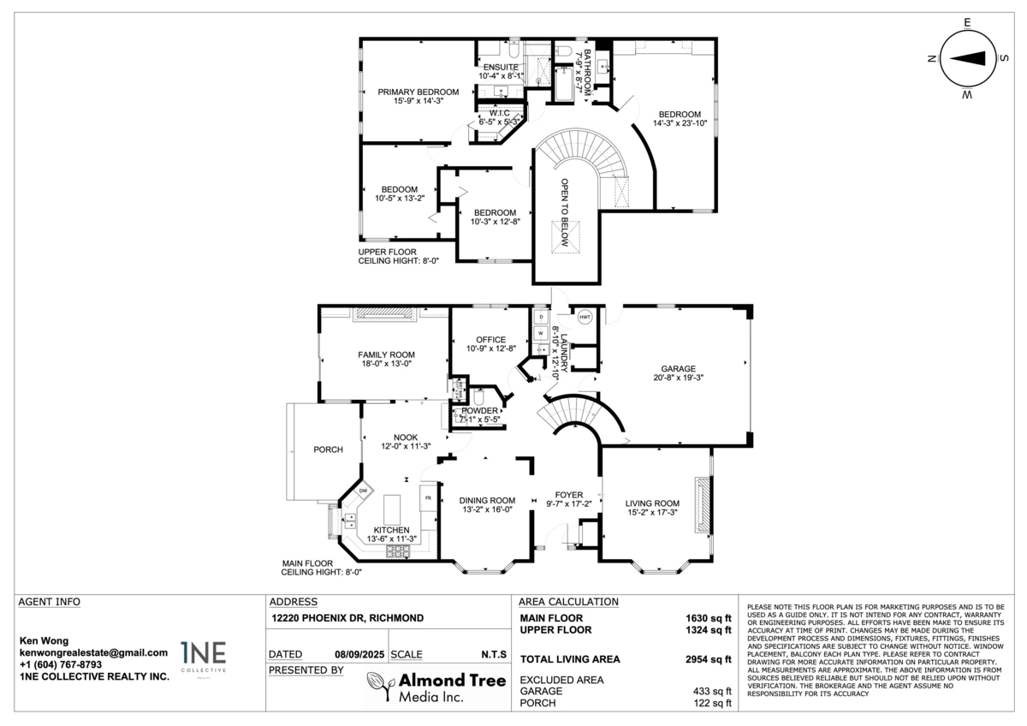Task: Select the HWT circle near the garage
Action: tap(585, 317)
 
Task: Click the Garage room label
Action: tap(677, 369)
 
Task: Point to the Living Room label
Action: tap(652, 503)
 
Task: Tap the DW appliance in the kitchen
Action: tap(363, 491)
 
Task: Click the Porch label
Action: tap(328, 449)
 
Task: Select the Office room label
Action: tap(485, 340)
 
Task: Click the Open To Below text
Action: tap(565, 214)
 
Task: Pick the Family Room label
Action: tap(386, 354)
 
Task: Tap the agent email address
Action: tap(93, 652)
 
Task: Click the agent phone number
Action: tap(61, 664)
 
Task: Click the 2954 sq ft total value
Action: tap(710, 659)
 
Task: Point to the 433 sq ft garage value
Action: tap(712, 691)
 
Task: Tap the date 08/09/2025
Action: tap(357, 654)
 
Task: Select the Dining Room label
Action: tap(486, 501)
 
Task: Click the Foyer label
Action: tap(569, 495)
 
